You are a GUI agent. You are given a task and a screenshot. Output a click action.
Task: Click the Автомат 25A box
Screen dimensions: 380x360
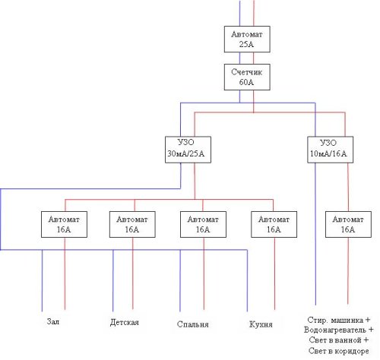point(247,39)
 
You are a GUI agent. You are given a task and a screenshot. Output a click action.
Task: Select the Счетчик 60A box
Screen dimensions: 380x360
point(247,77)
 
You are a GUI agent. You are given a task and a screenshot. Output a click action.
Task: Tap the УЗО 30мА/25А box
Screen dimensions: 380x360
point(188,150)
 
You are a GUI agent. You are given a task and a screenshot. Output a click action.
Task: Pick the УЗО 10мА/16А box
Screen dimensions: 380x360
point(330,150)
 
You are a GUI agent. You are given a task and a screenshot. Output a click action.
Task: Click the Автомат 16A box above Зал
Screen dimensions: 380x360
point(64,224)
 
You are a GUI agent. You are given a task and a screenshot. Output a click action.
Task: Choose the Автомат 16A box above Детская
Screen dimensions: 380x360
point(132,224)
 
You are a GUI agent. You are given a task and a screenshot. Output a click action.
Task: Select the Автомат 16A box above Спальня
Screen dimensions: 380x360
point(203,224)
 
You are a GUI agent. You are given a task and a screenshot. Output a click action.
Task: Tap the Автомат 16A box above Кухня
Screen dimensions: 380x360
point(274,224)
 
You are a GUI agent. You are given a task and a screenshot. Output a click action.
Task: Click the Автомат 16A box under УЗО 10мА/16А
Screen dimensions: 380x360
point(348,224)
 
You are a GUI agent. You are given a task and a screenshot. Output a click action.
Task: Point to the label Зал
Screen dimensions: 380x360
point(53,321)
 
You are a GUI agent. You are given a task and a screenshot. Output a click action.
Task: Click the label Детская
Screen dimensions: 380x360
point(125,322)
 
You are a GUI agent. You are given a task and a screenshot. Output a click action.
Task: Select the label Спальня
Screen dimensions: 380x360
point(193,324)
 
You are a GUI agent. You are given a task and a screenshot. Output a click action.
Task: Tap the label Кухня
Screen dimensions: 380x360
point(261,324)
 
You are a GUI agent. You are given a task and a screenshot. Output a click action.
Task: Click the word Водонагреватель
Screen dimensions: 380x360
point(335,330)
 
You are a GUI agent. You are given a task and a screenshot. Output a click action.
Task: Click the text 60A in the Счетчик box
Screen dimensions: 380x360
point(246,82)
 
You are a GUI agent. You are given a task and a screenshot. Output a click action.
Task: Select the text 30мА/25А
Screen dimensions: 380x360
point(185,153)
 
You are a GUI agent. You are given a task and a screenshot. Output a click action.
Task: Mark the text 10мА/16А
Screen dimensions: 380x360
point(328,153)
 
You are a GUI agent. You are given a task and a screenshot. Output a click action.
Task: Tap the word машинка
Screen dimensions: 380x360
point(347,321)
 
